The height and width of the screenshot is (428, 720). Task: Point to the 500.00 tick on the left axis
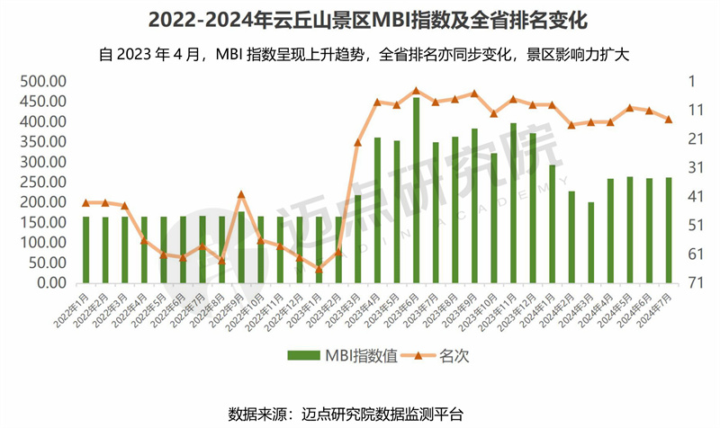(41, 81)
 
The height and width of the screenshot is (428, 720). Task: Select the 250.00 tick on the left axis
(41, 182)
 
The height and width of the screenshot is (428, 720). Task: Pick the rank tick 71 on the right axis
(696, 282)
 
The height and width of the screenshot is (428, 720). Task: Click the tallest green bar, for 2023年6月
(416, 190)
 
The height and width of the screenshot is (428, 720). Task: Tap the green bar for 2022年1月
(85, 249)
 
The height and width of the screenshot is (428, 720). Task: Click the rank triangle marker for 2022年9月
(241, 194)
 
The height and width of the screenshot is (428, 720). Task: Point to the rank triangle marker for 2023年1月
(319, 268)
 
